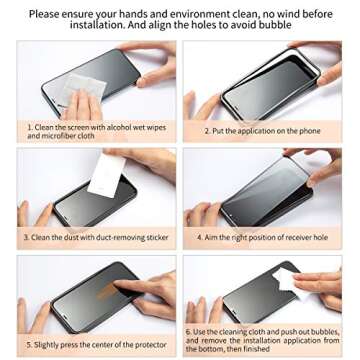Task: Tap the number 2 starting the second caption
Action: (207, 131)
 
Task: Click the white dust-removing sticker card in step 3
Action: (106, 176)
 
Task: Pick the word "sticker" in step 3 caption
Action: (157, 238)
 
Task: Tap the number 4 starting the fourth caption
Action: (199, 238)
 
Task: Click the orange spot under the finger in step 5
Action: (107, 291)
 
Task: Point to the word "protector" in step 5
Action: (150, 345)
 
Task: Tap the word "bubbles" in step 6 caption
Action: (326, 332)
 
